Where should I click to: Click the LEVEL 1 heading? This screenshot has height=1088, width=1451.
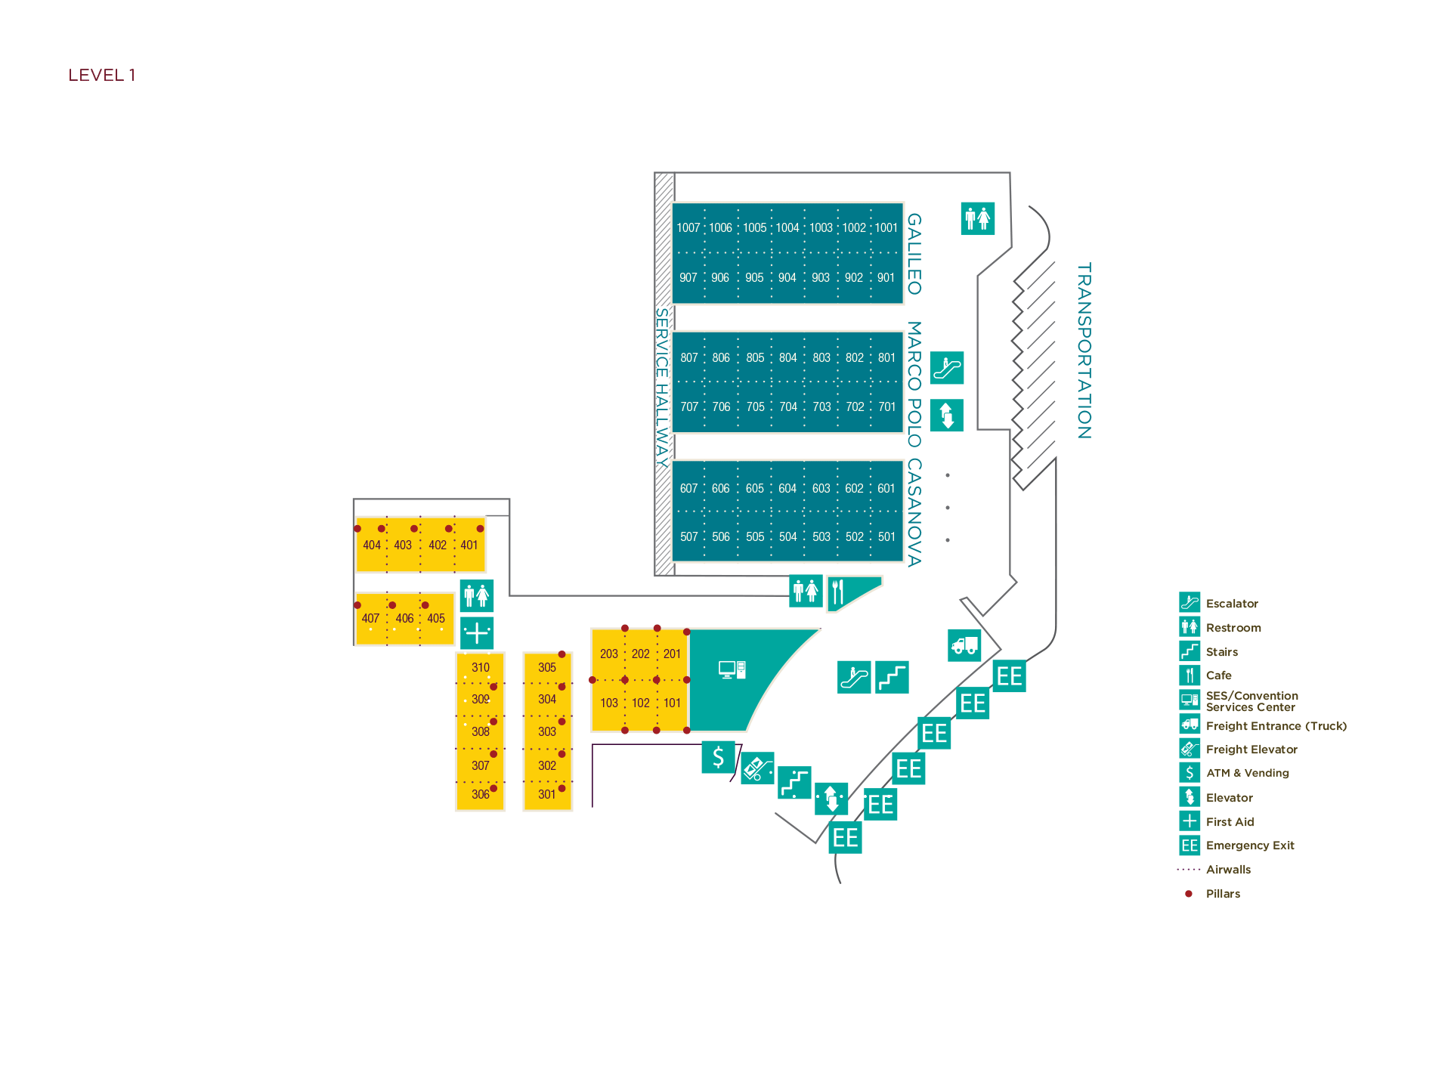(x=101, y=75)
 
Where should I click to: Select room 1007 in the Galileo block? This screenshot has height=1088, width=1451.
(x=688, y=227)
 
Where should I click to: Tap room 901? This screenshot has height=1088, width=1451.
(x=886, y=277)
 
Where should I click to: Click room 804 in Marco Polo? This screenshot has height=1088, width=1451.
(x=787, y=357)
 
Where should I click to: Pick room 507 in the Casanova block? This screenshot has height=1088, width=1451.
(x=688, y=536)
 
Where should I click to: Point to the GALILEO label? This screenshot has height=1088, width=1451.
(x=914, y=254)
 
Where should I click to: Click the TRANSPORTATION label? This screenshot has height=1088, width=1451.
(x=1084, y=351)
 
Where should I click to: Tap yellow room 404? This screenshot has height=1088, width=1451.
(x=371, y=545)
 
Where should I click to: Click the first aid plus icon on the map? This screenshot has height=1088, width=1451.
(x=477, y=632)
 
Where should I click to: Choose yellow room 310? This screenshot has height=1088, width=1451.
(x=480, y=667)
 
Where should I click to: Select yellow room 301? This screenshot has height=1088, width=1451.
(x=546, y=794)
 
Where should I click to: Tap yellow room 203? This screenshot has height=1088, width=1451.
(x=608, y=654)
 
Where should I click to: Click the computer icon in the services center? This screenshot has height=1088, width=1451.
(x=732, y=669)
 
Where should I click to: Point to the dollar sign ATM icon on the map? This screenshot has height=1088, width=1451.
(x=718, y=756)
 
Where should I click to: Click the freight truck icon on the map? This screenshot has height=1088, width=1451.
(x=964, y=645)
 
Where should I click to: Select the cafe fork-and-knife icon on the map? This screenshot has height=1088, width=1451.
(x=838, y=592)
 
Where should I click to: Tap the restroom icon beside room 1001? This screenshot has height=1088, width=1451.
(x=977, y=218)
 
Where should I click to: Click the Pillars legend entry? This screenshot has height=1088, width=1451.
(x=1222, y=893)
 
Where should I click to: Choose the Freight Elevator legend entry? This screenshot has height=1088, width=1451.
(x=1251, y=749)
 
